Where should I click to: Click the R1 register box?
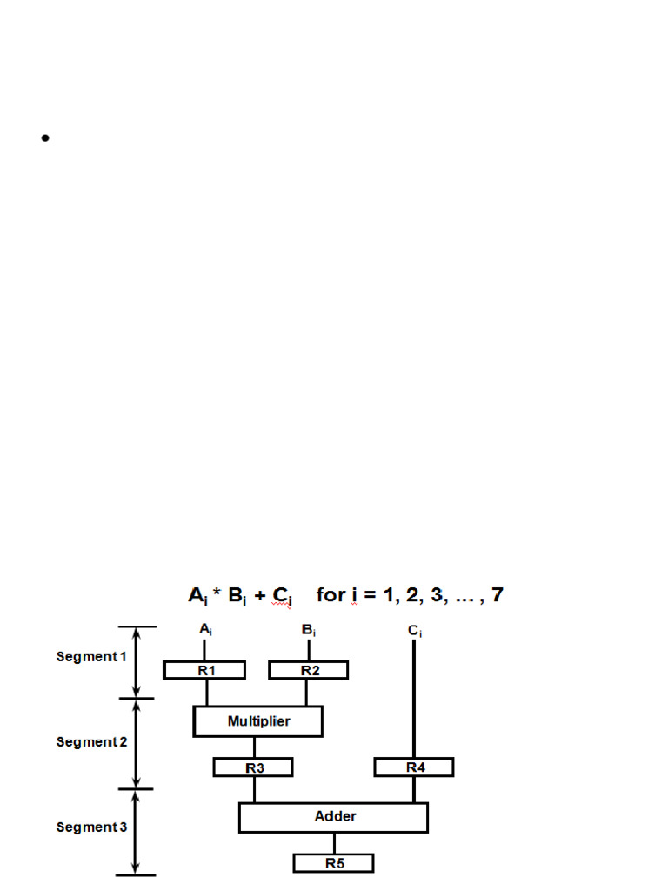pos(204,670)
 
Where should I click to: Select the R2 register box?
pos(309,670)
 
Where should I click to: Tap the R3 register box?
pos(253,767)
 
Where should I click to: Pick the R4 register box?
pos(414,767)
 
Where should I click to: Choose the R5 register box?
pos(333,863)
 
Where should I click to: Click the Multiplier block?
pos(258,721)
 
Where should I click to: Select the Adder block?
pos(334,817)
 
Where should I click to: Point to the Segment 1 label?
pos(91,657)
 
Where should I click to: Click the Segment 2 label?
pos(91,742)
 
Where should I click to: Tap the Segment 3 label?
pos(91,827)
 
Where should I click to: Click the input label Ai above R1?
pos(204,629)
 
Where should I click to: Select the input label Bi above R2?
pos(309,629)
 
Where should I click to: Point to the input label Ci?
pos(414,631)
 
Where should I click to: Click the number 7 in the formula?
pos(497,596)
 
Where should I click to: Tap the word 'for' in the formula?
pos(331,596)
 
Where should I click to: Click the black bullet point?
pos(44,137)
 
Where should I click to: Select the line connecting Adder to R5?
pos(334,843)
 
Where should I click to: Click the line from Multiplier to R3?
pos(254,747)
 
